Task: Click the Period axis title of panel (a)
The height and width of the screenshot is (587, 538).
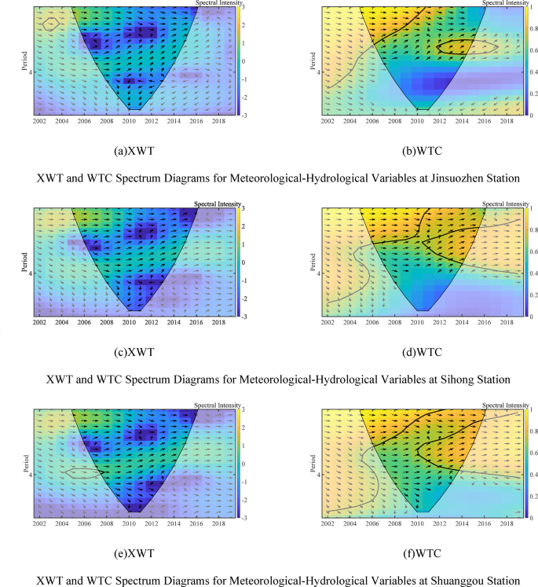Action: (27, 60)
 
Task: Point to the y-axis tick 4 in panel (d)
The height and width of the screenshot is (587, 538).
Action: (320, 274)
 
